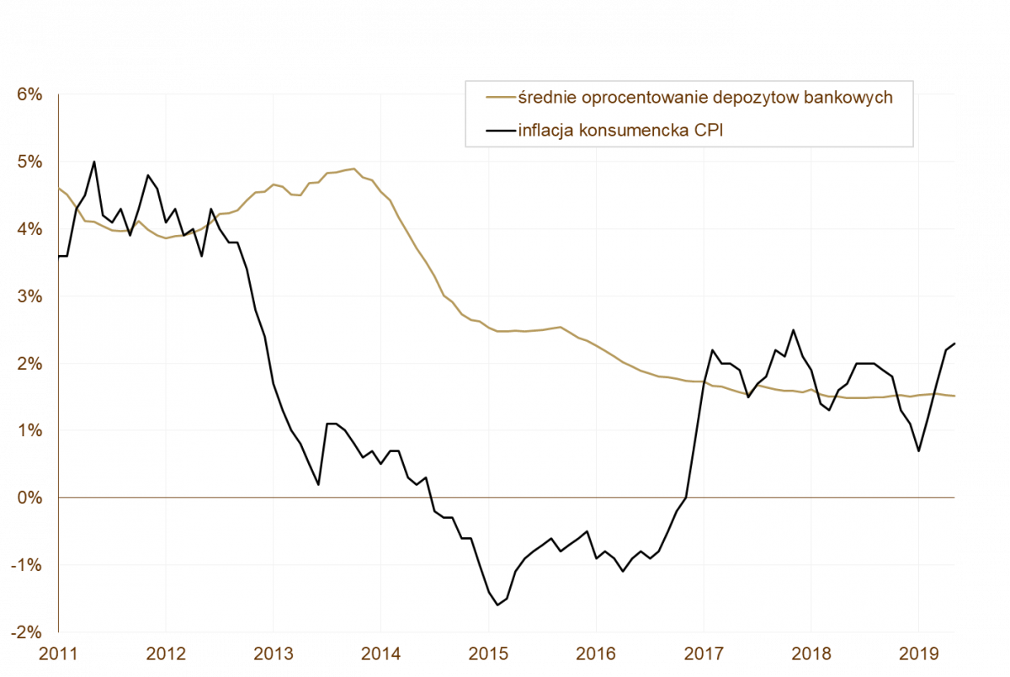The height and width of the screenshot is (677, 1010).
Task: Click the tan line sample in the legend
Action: click(500, 98)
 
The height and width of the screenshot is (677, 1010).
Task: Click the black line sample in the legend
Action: click(500, 130)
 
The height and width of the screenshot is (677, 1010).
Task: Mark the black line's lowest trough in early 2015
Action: click(497, 605)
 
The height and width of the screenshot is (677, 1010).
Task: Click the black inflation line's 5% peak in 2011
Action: click(94, 162)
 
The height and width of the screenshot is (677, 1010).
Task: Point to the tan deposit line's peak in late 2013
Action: click(354, 168)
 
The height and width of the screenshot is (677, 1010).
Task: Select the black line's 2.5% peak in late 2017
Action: click(793, 330)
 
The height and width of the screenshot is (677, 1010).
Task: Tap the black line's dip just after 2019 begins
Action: click(918, 450)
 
